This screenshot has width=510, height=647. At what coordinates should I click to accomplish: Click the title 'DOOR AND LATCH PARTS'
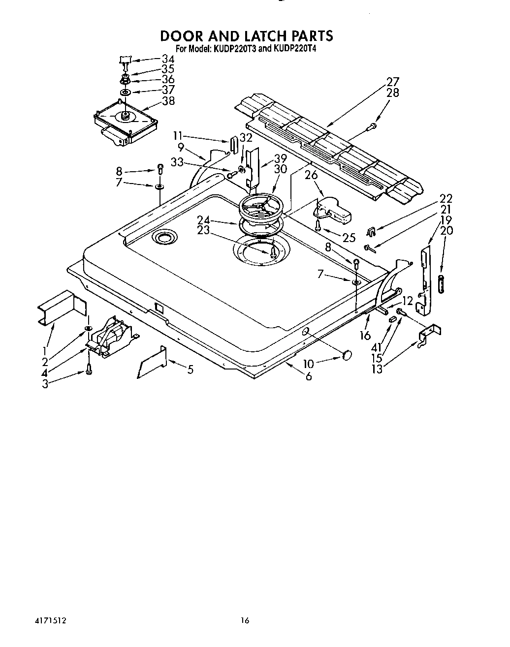pos(247,35)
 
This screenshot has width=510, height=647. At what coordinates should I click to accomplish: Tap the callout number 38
pos(168,101)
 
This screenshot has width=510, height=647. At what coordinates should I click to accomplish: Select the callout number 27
pos(392,82)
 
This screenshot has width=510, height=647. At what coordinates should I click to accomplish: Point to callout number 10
pos(308,364)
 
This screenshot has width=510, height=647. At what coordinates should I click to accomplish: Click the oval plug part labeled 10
pos(347,354)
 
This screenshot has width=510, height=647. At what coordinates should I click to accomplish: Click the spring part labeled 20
pos(442,285)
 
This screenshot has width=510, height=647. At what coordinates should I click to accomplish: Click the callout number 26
pos(311,175)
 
